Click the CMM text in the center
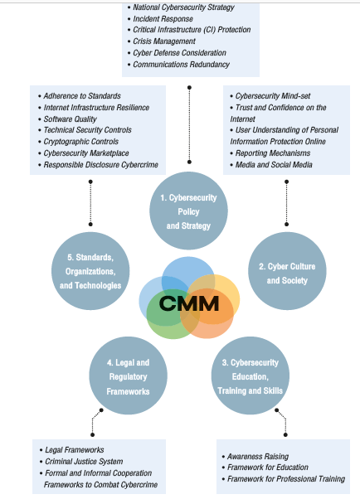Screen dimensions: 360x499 coord(189,303)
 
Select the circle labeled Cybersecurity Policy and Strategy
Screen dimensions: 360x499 coord(188,211)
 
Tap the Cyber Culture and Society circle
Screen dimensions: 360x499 coord(287,271)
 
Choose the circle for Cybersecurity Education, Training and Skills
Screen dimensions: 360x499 coord(250,375)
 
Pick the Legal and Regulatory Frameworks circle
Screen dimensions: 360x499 coord(128,375)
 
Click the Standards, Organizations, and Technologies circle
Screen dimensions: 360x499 coord(90,271)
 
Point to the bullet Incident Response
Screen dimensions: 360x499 coord(163,19)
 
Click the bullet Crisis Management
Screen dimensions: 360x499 coord(164,41)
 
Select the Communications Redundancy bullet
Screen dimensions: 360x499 coord(181,65)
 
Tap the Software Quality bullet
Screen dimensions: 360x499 coord(70,119)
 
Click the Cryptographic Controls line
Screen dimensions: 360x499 coord(81,142)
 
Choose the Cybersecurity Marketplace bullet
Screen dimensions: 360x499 coord(86,153)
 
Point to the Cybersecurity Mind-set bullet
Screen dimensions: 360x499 coord(273,96)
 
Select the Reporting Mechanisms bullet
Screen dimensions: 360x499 coord(273,153)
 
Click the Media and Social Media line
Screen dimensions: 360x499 coord(274,165)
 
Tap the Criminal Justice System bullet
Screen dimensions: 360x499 coord(84,462)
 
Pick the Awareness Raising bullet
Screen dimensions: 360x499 coord(258,457)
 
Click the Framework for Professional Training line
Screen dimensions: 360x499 coord(286,479)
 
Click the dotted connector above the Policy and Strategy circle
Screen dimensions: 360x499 coord(189,124)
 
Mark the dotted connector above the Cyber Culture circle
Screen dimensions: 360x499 coord(286,203)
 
